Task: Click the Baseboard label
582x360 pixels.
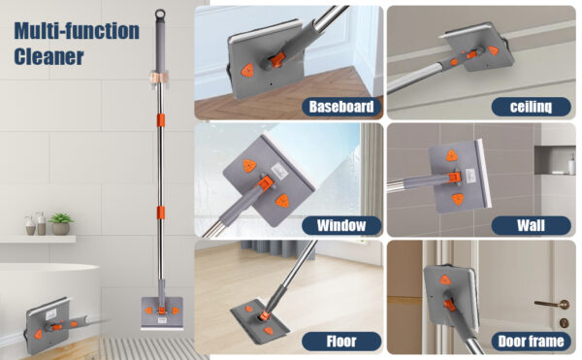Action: coord(341,107)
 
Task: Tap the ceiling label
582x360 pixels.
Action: coord(531,107)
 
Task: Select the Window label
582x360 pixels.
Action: coord(341,225)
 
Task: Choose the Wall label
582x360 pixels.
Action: coord(531,225)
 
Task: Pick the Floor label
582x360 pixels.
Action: coord(341,341)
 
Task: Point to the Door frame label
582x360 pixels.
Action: coord(531,341)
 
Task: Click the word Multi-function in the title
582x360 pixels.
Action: coord(77,30)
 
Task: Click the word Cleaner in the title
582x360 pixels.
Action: coord(49,57)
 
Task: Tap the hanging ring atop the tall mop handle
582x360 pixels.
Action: coord(160,15)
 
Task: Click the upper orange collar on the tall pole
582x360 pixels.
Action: coord(160,120)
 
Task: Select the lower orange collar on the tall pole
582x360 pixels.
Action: coord(160,213)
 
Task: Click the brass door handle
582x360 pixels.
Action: coord(553,304)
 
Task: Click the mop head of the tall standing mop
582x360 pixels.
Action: coord(162,313)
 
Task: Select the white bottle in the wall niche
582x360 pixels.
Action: coord(571,164)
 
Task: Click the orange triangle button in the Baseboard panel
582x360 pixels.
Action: coord(246,71)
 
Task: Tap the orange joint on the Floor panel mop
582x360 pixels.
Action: coord(264,315)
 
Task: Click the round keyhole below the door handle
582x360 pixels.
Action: coord(564,322)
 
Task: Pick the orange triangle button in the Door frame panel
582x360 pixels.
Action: coord(445,279)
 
